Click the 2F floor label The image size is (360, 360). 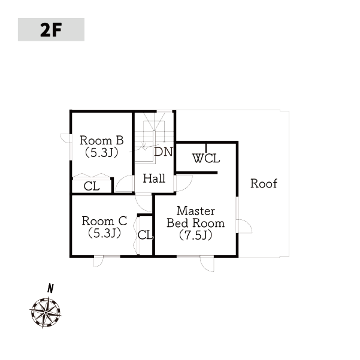pyautogui.click(x=51, y=30)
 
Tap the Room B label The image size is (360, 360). pyautogui.click(x=102, y=140)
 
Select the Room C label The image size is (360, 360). pyautogui.click(x=104, y=221)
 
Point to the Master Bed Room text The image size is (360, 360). pyautogui.click(x=196, y=217)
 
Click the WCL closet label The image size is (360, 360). pyautogui.click(x=206, y=158)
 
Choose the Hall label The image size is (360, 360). pyautogui.click(x=154, y=179)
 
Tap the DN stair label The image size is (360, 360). pyautogui.click(x=164, y=152)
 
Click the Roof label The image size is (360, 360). pyautogui.click(x=264, y=183)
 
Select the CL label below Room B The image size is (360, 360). pyautogui.click(x=92, y=186)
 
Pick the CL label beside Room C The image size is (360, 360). pyautogui.click(x=146, y=235)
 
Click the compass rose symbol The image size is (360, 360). pyautogui.click(x=46, y=313)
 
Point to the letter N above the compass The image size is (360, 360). pyautogui.click(x=50, y=288)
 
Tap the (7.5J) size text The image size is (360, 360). pyautogui.click(x=196, y=235)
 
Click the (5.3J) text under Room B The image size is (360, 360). pyautogui.click(x=102, y=153)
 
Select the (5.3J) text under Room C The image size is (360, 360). pyautogui.click(x=104, y=233)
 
